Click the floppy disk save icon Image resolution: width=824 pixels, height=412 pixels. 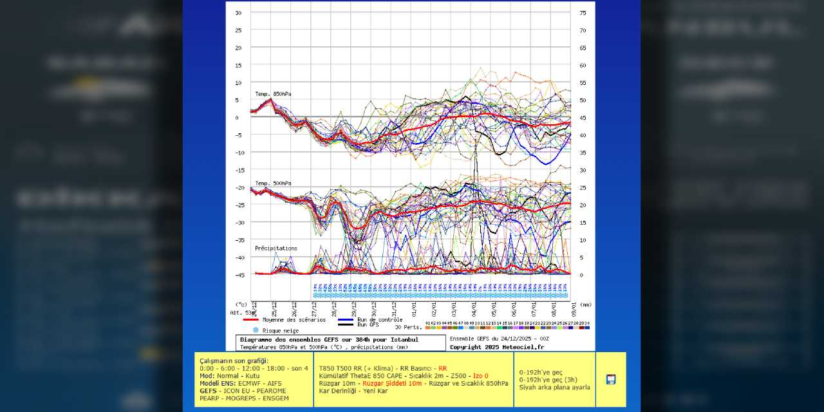(x=611, y=379)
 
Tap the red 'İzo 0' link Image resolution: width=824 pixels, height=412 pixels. (x=481, y=375)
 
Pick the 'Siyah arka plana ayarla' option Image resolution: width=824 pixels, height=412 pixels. (x=554, y=387)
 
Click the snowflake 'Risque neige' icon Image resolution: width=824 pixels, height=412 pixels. (x=255, y=330)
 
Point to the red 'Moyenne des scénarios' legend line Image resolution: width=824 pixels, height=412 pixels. (x=250, y=319)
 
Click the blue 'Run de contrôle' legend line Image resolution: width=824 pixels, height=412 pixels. (x=346, y=319)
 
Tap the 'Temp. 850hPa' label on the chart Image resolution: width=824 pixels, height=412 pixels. (x=273, y=94)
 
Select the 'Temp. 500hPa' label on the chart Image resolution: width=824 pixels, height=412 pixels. (x=273, y=183)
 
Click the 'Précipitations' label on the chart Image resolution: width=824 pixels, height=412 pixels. (x=276, y=248)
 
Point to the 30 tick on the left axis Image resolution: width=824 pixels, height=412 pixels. (x=238, y=13)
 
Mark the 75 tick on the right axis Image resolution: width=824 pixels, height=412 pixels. (x=583, y=13)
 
